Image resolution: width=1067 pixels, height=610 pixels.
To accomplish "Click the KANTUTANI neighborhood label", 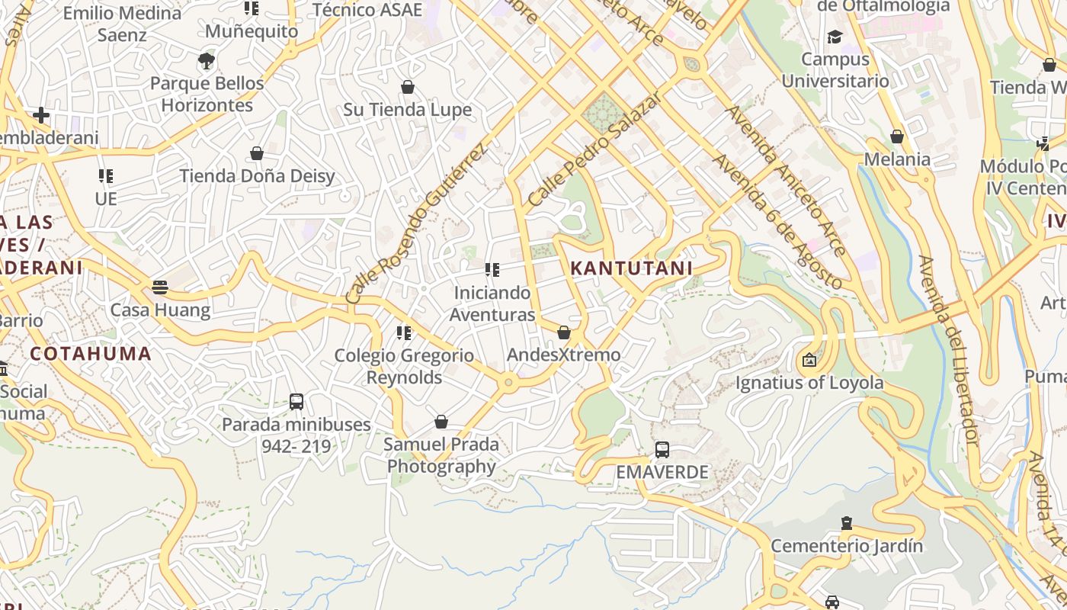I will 631,268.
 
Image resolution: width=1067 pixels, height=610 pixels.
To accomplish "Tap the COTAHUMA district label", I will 91,354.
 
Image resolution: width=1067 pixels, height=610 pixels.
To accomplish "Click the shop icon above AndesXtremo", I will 564,332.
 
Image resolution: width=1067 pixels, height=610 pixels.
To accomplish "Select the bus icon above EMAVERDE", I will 662,450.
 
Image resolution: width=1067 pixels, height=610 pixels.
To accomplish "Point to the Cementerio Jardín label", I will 846,546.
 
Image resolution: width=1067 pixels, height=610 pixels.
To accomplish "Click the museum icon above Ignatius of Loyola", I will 809,360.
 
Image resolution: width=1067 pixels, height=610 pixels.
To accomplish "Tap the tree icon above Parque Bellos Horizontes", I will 206,61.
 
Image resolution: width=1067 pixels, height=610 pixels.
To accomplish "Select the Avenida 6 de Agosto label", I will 777,222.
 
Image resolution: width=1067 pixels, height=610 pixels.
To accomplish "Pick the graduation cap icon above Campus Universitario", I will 835,37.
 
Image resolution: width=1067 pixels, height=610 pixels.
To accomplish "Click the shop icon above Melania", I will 897,136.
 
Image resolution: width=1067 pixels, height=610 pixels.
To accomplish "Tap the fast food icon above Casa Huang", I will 159,287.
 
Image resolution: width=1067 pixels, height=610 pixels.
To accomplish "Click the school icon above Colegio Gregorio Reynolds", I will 404,332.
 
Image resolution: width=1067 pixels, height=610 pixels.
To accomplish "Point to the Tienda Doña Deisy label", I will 257,176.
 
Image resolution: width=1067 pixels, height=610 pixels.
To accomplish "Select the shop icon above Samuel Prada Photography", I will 441,422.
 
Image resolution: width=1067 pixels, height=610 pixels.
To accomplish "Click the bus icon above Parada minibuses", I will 296,401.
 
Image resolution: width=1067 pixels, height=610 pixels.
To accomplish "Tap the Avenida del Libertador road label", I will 948,351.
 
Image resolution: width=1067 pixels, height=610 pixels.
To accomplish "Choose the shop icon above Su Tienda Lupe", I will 408,87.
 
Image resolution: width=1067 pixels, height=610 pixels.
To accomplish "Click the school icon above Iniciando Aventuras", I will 492,270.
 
